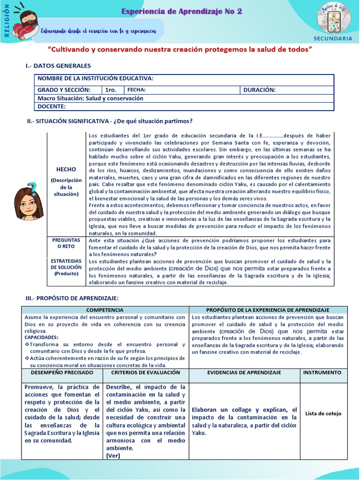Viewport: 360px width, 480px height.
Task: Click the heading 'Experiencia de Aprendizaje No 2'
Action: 182,12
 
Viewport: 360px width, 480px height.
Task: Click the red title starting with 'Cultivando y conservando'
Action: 180,49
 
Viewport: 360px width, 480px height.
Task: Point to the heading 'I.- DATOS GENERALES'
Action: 58,66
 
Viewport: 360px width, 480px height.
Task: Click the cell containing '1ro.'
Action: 112,90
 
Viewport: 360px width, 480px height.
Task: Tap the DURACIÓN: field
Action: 287,90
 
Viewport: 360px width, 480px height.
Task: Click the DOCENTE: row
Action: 184,106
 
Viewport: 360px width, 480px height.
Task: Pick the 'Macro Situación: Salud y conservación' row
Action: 184,98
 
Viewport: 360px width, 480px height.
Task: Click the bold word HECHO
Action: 66,169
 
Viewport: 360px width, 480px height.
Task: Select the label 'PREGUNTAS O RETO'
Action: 66,243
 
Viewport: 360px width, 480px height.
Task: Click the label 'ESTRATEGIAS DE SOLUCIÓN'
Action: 66,267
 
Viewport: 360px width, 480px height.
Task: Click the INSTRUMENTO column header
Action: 323,372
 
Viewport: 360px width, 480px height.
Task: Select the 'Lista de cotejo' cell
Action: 323,413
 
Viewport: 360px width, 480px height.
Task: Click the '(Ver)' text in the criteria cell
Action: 113,455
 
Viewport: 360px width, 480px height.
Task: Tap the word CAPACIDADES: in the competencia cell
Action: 42,337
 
